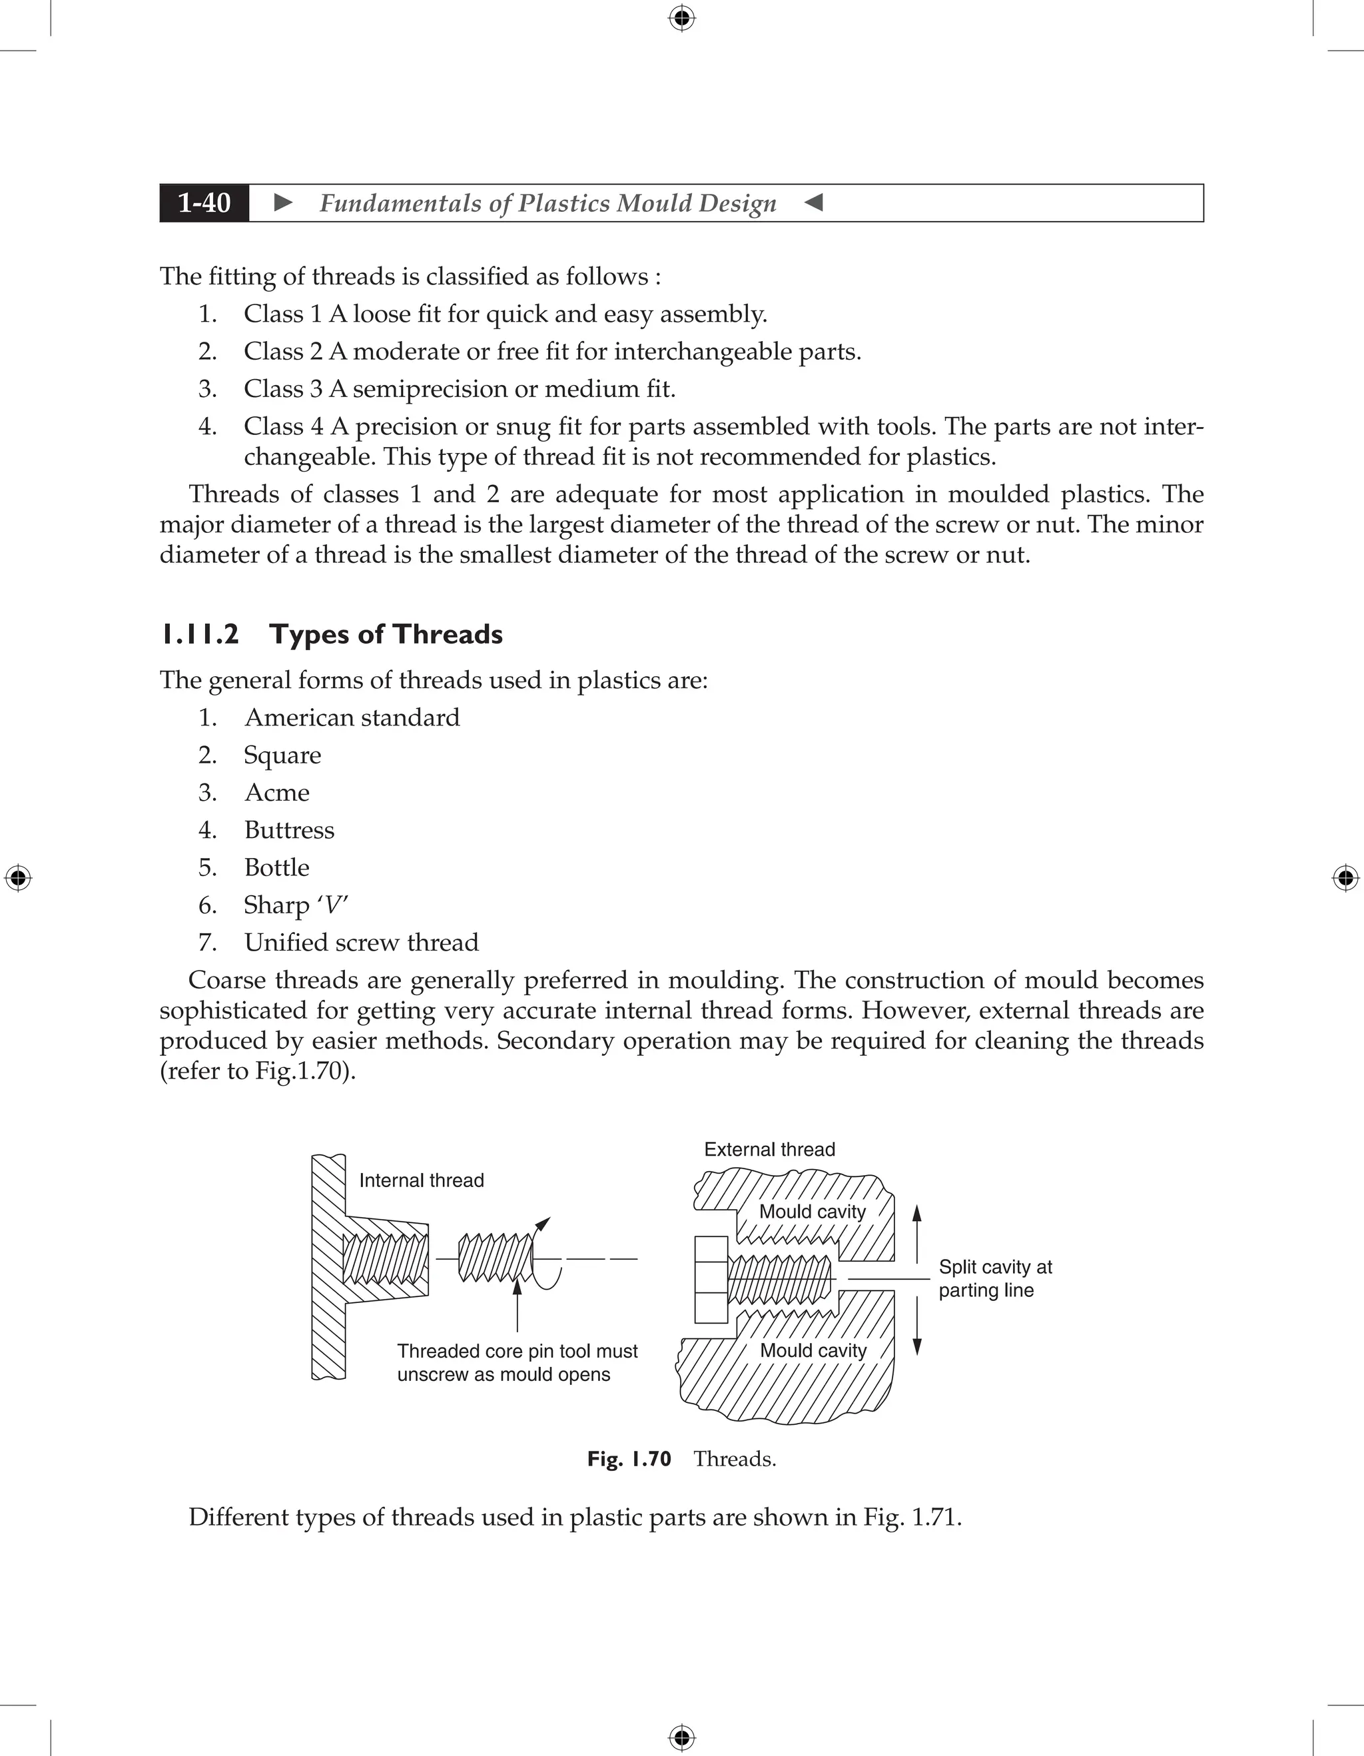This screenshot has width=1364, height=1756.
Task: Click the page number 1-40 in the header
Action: click(204, 203)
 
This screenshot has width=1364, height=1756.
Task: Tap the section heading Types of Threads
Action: click(386, 634)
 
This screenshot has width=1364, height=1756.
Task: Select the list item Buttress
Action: click(289, 830)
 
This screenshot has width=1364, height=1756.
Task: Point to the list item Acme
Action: click(276, 793)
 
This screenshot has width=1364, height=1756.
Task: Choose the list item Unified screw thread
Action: click(361, 943)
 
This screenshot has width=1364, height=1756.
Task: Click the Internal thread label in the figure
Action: click(421, 1180)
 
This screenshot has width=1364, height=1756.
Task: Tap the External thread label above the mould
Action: click(769, 1149)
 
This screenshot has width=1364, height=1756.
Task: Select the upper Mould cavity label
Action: click(812, 1212)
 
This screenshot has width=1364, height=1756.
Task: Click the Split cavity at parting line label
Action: click(994, 1278)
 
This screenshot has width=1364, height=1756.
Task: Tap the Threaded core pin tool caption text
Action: click(516, 1362)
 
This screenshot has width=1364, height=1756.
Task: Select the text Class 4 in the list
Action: click(283, 426)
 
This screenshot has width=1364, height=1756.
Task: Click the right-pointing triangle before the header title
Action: click(283, 203)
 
